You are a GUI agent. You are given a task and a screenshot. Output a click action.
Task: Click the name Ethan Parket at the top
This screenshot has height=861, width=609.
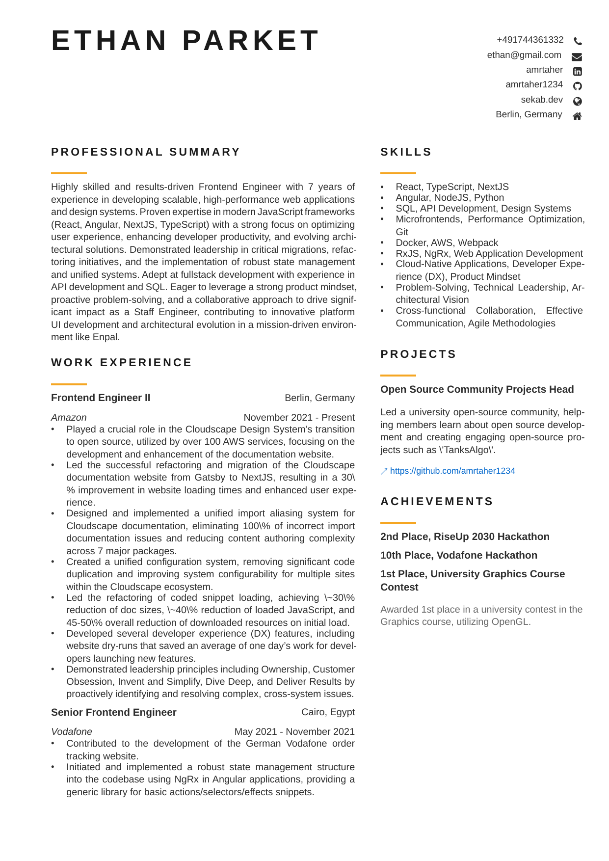coord(185,40)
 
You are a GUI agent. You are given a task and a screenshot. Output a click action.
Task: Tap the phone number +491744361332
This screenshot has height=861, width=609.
coord(530,40)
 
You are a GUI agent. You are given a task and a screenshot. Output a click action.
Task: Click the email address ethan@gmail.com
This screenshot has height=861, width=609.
coord(524,55)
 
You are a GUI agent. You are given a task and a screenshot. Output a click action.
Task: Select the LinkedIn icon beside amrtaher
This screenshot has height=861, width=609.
coord(578,72)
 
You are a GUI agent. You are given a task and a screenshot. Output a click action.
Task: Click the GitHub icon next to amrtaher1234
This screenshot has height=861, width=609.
coord(578,86)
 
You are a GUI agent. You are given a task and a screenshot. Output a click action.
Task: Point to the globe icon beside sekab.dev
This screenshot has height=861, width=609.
coord(578,101)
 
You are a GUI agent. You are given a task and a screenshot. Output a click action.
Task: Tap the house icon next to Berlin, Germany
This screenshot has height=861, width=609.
coord(578,116)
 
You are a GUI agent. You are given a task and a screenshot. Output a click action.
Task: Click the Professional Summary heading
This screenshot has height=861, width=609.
coord(146,152)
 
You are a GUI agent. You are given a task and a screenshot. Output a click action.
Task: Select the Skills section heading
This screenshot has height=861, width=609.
coord(406,152)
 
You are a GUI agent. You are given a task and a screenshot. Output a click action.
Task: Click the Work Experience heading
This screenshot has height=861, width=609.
coord(121,363)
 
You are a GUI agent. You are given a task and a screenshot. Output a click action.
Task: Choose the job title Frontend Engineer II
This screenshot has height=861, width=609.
coord(101,398)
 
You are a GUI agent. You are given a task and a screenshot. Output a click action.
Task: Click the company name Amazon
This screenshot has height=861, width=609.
coord(69,417)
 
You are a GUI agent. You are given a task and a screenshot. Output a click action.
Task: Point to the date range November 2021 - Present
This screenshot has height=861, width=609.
coord(299,417)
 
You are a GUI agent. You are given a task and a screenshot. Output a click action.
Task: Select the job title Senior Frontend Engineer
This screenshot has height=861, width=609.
coord(113,712)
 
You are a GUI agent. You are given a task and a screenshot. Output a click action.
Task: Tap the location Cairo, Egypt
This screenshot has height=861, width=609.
coord(328,712)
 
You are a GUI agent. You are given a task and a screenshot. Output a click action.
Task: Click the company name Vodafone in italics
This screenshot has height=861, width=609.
coord(72,731)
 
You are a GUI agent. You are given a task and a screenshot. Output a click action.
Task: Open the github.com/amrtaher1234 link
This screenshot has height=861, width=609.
coord(452,471)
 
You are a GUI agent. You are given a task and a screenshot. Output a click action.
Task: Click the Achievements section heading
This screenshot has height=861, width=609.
coord(437,502)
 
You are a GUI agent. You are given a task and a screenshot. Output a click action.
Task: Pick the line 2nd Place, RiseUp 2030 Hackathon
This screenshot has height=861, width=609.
coord(465,537)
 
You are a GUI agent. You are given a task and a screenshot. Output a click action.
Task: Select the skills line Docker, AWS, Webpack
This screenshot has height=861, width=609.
coord(447,243)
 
